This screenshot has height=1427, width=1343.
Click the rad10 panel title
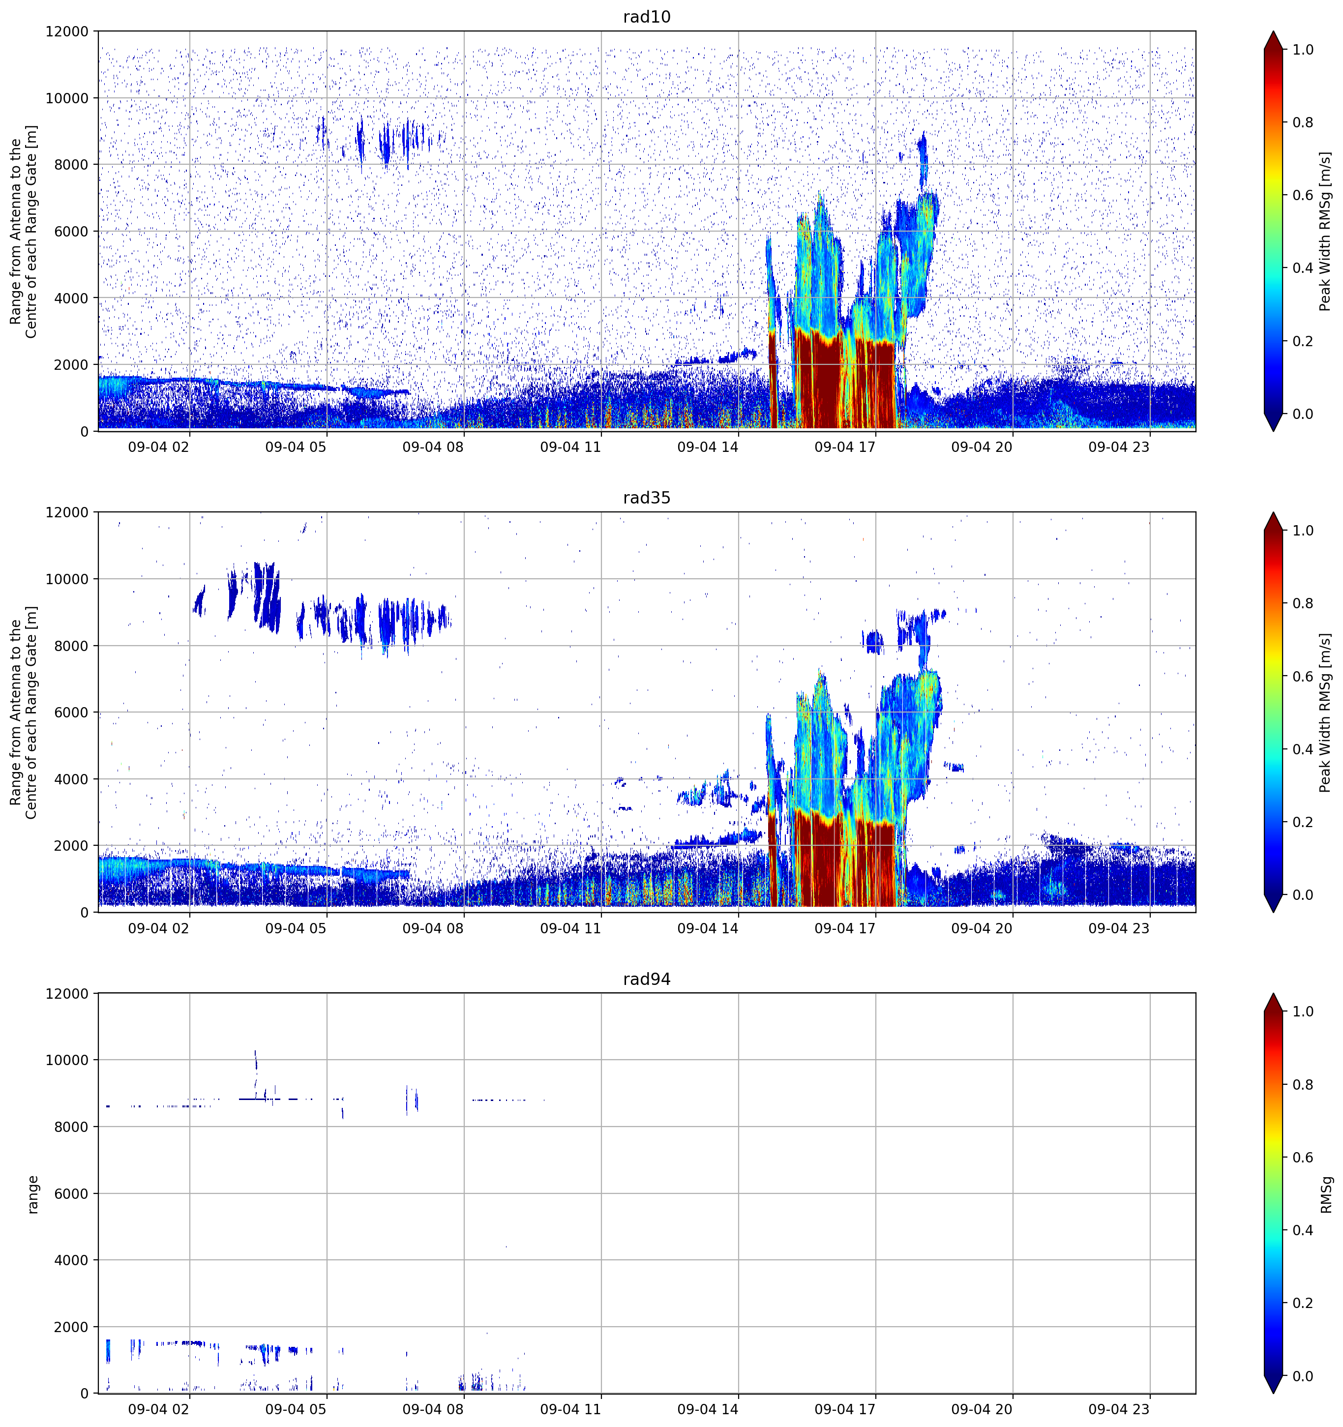pos(646,17)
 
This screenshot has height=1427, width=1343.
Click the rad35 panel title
pos(646,498)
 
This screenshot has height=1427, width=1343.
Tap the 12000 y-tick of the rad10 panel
pos(67,31)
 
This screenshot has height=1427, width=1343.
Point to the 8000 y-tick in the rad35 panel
pos(71,646)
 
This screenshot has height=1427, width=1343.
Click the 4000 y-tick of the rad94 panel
pos(71,1260)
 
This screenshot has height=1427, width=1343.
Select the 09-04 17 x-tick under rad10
pos(845,446)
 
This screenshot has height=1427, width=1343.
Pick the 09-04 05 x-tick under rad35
pos(296,927)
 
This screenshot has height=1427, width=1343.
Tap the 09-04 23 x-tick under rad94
pos(1119,1409)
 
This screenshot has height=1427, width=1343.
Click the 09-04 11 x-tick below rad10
pos(570,446)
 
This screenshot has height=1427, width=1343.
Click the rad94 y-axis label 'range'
pos(33,1194)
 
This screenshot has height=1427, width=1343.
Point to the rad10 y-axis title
pos(24,231)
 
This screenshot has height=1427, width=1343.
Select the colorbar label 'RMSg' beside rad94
pos(1326,1194)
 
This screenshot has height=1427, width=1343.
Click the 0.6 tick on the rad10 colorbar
pos(1303,195)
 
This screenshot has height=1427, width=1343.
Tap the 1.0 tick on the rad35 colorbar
pos(1303,531)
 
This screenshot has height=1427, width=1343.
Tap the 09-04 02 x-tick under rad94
pos(159,1409)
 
